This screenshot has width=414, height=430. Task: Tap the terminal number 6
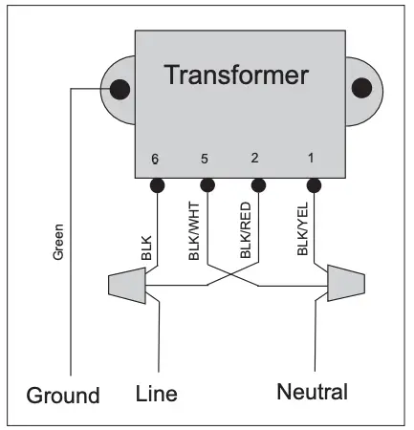point(155,160)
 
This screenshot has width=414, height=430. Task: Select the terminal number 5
point(205,160)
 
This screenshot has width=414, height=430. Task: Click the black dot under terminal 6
point(155,183)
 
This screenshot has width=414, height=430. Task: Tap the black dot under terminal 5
point(205,183)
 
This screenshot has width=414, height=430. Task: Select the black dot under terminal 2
point(256,183)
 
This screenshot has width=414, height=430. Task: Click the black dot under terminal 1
point(311,183)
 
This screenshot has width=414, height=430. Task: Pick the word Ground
point(62,395)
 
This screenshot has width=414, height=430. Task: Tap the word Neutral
point(313,392)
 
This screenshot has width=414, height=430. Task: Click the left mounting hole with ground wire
point(120,90)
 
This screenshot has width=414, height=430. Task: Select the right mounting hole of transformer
point(360,88)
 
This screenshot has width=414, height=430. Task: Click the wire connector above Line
point(126,284)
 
